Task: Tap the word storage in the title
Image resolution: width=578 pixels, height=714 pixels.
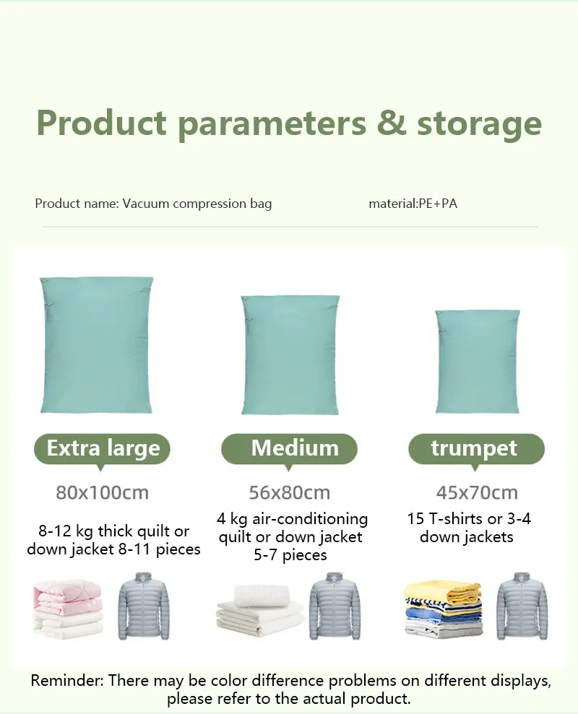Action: [479, 124]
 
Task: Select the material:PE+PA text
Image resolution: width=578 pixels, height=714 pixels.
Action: [413, 203]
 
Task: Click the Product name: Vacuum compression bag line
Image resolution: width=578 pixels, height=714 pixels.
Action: [153, 204]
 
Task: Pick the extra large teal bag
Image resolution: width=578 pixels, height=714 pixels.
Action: [96, 344]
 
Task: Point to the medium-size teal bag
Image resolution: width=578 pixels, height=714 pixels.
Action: [290, 354]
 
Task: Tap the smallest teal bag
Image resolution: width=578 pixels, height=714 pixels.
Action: [478, 362]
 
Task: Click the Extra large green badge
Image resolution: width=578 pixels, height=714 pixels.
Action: [102, 449]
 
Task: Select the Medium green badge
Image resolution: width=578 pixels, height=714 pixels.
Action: [289, 449]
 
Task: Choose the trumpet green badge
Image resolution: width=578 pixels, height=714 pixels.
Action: [476, 449]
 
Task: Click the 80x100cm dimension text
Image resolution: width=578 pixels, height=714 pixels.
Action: [102, 492]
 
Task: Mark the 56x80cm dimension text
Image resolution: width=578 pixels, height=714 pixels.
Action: [290, 492]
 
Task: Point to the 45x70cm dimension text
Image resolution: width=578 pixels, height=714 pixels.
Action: [477, 492]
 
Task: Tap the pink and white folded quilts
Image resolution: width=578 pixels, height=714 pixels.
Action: [67, 608]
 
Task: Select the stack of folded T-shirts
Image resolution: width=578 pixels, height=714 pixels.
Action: [444, 608]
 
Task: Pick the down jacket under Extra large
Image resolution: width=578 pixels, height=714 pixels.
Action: [144, 606]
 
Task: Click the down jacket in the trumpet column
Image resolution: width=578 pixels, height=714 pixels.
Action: [522, 606]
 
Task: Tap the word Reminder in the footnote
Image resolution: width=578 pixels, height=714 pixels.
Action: [67, 681]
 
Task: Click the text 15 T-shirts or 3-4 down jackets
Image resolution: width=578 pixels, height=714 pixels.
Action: [468, 528]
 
